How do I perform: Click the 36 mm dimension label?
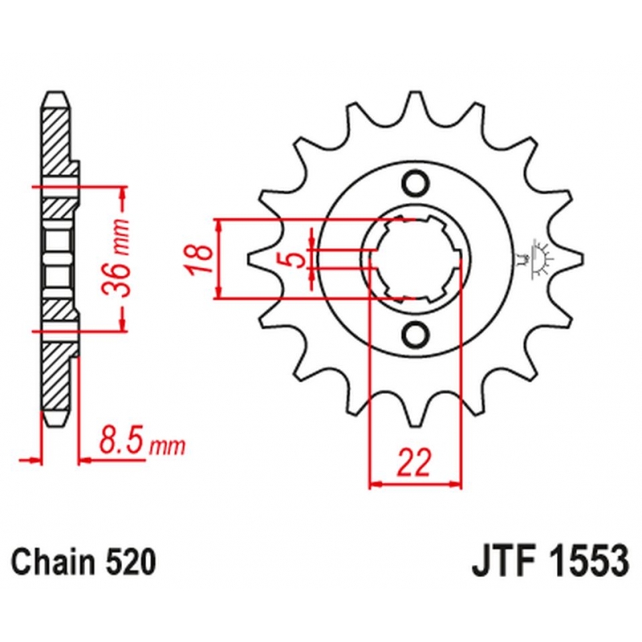coord(116,258)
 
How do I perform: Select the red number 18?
coord(199,259)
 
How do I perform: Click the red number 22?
coord(415,463)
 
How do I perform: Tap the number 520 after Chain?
coord(131,562)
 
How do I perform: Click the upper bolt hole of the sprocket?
coord(416,185)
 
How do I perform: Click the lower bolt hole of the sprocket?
coord(416,335)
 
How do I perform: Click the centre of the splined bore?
coord(416,259)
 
